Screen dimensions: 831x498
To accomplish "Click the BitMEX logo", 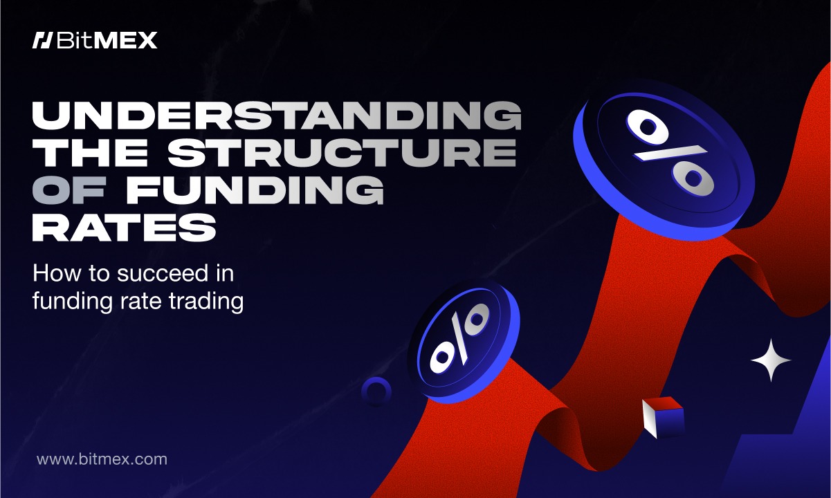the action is pyautogui.click(x=95, y=40).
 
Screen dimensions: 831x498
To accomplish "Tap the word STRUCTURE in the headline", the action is pyautogui.click(x=342, y=153).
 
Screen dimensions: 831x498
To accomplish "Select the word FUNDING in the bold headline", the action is pyautogui.click(x=255, y=190).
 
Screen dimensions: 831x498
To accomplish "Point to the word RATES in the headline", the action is pyautogui.click(x=125, y=228).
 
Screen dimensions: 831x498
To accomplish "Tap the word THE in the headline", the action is pyautogui.click(x=96, y=153).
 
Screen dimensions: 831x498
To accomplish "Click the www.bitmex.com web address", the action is pyautogui.click(x=102, y=459).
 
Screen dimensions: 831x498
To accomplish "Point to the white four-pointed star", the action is pyautogui.click(x=771, y=360).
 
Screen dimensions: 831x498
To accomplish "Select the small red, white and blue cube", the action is pyautogui.click(x=664, y=417).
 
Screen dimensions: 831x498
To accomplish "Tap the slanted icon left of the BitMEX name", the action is pyautogui.click(x=42, y=40).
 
